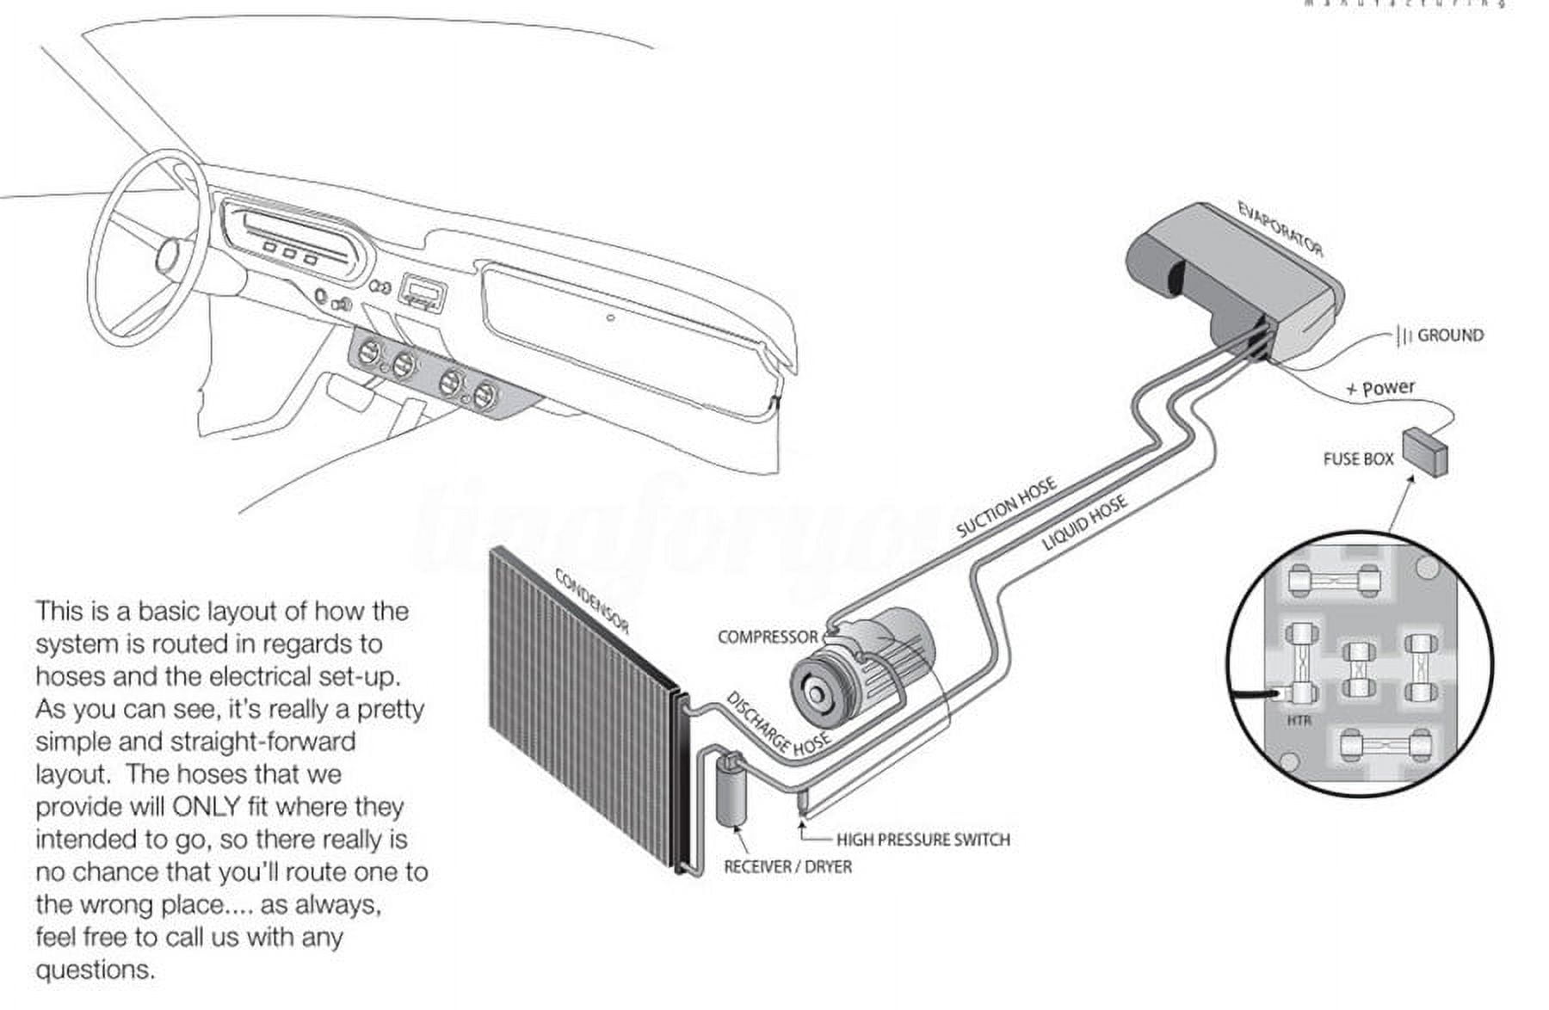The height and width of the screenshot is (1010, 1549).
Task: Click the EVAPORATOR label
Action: pyautogui.click(x=1280, y=229)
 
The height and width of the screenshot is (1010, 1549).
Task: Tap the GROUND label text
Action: pyautogui.click(x=1450, y=336)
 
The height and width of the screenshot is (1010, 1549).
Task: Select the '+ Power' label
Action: pyautogui.click(x=1380, y=389)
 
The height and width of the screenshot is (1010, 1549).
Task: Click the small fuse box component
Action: pyautogui.click(x=1425, y=451)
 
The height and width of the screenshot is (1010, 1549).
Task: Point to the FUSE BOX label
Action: pyautogui.click(x=1357, y=459)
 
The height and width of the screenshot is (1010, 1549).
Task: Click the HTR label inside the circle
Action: pyautogui.click(x=1299, y=719)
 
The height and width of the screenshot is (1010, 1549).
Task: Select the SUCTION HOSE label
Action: pyautogui.click(x=1006, y=508)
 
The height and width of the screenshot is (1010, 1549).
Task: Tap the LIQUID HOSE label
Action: pyautogui.click(x=1084, y=523)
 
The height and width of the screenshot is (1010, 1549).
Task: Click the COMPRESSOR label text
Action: pyautogui.click(x=768, y=637)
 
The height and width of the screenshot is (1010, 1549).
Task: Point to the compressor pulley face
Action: pyautogui.click(x=814, y=693)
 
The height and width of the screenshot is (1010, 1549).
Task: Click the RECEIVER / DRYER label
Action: pyautogui.click(x=787, y=866)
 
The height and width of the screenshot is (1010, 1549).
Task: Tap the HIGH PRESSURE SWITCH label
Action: pyautogui.click(x=923, y=839)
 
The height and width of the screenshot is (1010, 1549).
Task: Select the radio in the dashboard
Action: pyautogui.click(x=423, y=293)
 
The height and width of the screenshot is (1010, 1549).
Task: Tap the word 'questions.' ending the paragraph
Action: pyautogui.click(x=96, y=970)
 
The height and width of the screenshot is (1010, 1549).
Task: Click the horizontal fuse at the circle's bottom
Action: pyautogui.click(x=1385, y=745)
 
